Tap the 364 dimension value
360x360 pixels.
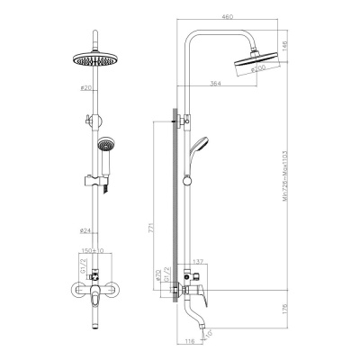213,84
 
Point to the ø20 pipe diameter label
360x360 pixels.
85,89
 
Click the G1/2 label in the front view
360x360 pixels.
83,269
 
